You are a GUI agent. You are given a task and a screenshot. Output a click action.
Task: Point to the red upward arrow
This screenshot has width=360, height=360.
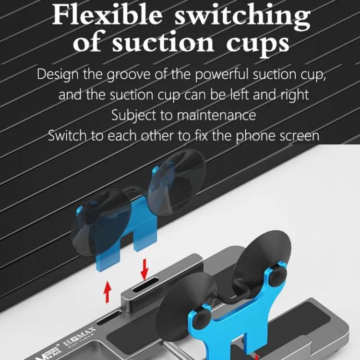coord(108,291)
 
